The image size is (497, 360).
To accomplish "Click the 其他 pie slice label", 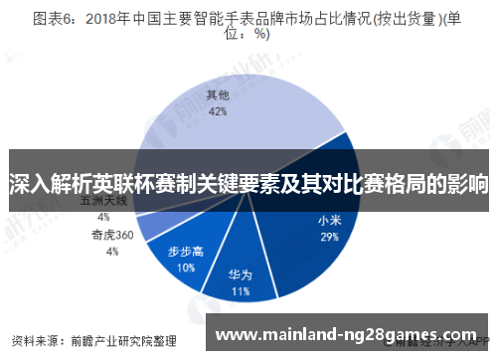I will [x=217, y=95].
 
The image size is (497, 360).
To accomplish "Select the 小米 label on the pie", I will [x=330, y=220].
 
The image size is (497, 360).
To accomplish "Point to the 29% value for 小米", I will [x=330, y=237].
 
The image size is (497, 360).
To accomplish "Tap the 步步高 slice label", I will [x=186, y=251].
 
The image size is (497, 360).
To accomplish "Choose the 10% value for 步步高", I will [x=186, y=267].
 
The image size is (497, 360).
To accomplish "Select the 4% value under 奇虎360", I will [x=111, y=252].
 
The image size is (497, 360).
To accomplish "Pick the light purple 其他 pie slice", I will [x=248, y=129].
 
